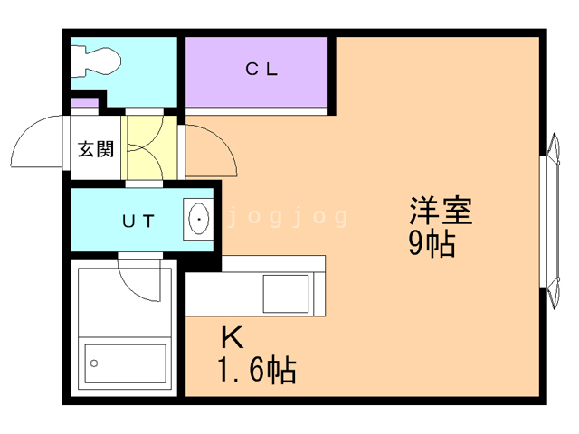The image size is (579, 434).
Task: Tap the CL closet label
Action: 261,70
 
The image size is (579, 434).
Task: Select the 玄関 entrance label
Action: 94,149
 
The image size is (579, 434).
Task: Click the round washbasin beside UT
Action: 198,219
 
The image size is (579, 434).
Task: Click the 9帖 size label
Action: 431,243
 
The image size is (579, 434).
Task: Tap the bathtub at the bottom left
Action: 125,365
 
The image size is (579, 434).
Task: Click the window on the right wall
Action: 548,221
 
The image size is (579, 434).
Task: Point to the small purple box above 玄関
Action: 85,104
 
